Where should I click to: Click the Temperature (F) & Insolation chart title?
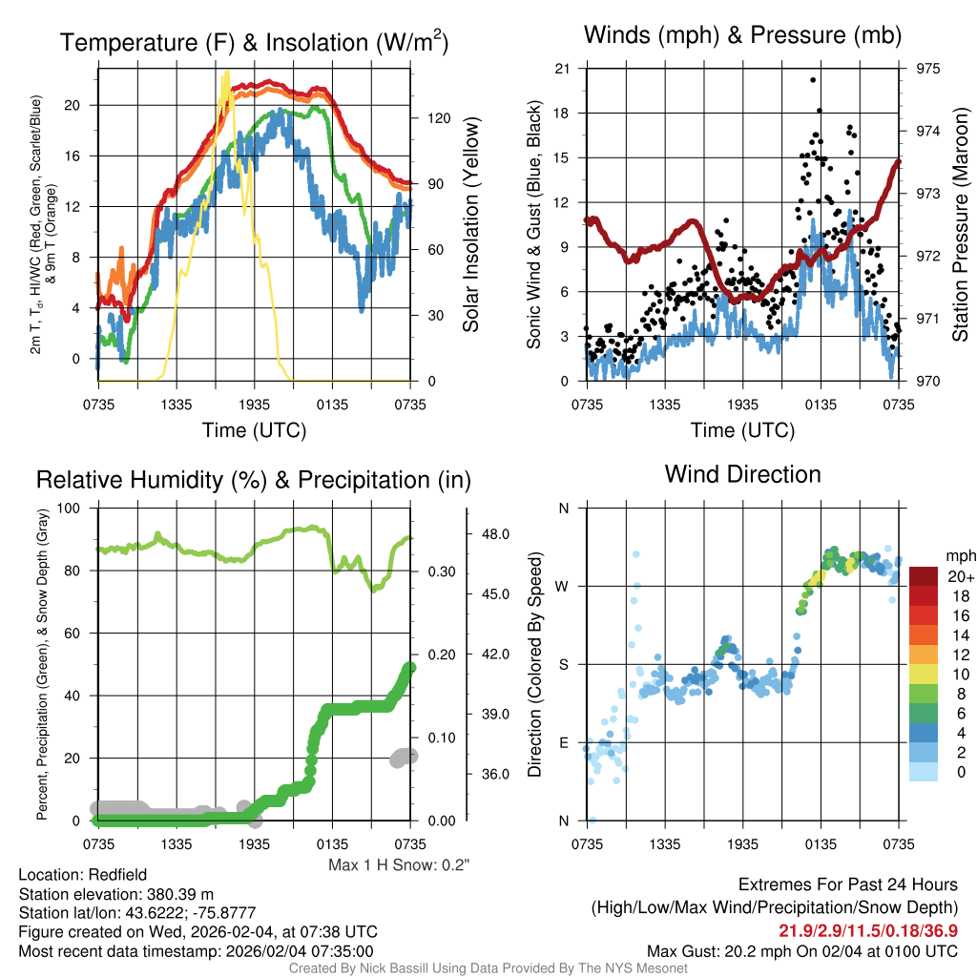254,43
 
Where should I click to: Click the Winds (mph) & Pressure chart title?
742,36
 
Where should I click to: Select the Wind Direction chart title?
742,474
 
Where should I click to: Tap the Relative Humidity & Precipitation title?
253,480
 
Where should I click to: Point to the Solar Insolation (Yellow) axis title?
470,225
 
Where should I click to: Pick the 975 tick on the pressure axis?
927,69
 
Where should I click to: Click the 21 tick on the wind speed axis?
563,69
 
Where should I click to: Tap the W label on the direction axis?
563,586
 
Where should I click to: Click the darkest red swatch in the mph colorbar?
924,576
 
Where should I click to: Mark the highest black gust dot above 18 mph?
813,80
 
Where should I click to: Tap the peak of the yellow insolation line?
226,73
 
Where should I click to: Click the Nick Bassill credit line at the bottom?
488,968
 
